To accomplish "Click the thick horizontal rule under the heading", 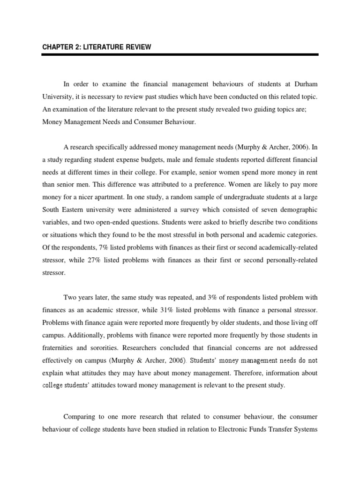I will click(180, 55).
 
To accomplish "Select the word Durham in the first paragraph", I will click(305, 84).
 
